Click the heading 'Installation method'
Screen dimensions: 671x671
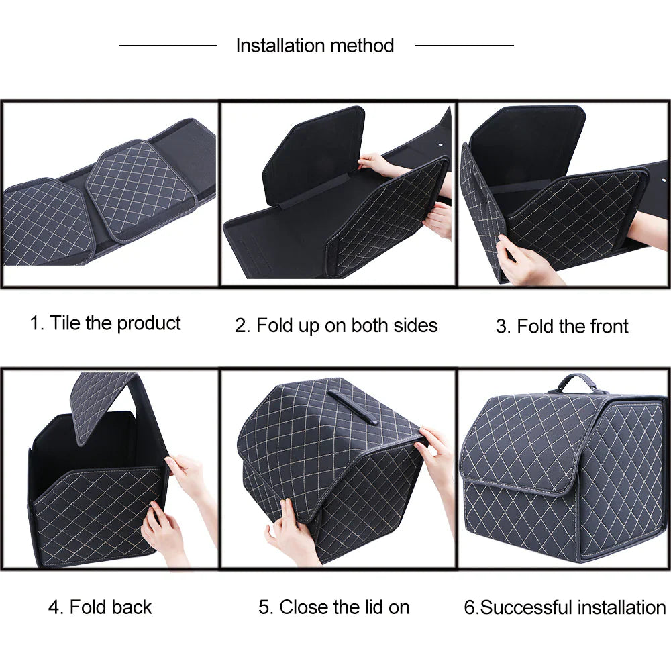coord(315,46)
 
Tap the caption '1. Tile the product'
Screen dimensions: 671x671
coord(105,323)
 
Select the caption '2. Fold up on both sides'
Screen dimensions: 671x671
coord(336,326)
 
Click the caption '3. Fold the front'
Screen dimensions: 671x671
coord(562,327)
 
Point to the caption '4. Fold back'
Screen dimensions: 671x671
coord(100,607)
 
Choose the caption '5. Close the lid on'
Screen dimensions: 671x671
coord(333,607)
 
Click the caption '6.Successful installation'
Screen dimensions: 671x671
coord(564,608)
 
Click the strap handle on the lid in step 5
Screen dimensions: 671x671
coord(352,407)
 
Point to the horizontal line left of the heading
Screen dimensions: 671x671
coord(168,46)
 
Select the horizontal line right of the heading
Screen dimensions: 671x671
coord(464,46)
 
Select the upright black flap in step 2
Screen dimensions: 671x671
coord(315,154)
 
